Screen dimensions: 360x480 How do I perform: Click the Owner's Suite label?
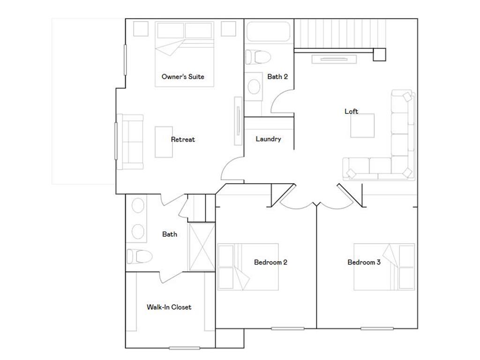coord(183,76)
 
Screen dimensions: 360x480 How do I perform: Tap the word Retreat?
coord(183,139)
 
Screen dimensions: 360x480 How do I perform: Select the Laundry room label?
coord(269,139)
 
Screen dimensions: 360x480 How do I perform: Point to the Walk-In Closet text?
coord(169,307)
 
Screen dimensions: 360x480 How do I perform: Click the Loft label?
coord(352,111)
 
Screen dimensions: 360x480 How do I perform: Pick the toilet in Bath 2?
coord(258,57)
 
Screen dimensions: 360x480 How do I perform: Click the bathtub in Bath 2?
coord(268,32)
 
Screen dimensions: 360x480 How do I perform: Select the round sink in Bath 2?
coord(254,86)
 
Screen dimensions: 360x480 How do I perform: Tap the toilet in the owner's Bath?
coord(139,256)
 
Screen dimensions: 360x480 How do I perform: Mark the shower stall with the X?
coord(202,247)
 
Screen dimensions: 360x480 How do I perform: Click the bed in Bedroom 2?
coord(248,267)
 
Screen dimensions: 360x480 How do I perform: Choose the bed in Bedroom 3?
coord(384,267)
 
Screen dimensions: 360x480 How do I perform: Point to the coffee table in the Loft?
coord(362,126)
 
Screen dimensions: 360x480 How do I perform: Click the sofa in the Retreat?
coord(130,142)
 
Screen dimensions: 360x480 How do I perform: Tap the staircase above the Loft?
coord(339,33)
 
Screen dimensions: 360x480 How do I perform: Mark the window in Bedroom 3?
coord(377,328)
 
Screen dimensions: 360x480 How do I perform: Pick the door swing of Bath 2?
coord(280,103)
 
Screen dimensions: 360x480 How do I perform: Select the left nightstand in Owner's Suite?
coord(141,29)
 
